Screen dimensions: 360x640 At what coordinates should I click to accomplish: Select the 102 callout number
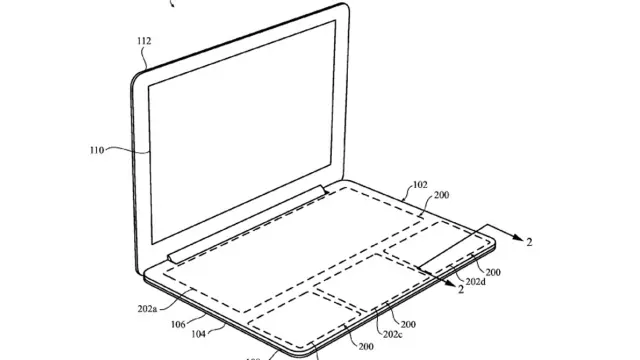(419, 184)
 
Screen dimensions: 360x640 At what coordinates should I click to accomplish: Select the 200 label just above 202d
(493, 271)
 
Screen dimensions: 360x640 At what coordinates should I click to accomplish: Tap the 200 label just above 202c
(409, 323)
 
